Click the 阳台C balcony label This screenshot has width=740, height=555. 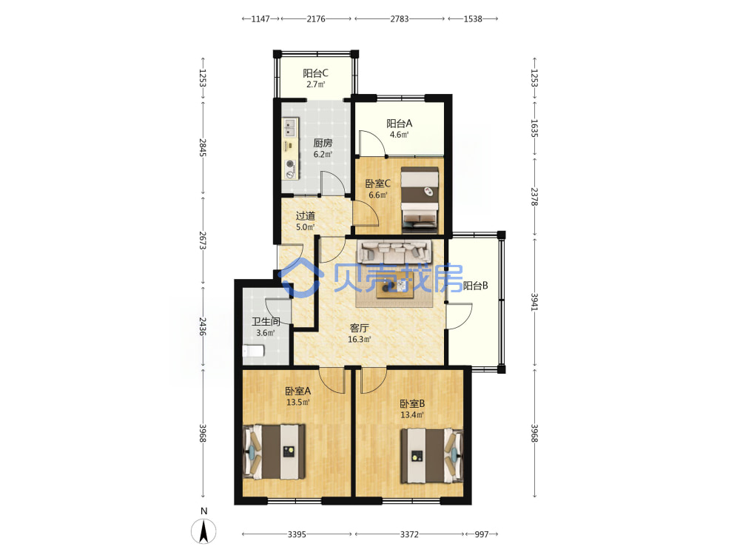315,73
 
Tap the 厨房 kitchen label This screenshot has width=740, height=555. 323,143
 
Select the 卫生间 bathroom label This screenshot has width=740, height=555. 266,321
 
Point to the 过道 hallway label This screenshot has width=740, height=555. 306,215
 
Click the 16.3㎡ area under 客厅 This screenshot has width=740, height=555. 359,340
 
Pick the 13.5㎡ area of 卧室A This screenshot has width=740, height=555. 297,403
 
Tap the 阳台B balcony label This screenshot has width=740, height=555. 475,286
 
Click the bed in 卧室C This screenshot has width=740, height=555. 420,200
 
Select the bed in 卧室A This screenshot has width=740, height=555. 274,452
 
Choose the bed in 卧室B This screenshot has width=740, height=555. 432,456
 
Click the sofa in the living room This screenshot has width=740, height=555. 394,252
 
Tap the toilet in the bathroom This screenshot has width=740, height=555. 253,351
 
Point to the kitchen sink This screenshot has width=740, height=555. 290,127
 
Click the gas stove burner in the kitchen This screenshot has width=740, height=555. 290,165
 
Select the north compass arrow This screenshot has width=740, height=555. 204,531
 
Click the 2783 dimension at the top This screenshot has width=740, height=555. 400,19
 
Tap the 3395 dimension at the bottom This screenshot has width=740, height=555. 297,534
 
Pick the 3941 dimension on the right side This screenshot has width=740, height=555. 535,302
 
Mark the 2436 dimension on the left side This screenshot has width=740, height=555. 203,326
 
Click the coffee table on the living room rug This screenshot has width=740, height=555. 394,285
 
